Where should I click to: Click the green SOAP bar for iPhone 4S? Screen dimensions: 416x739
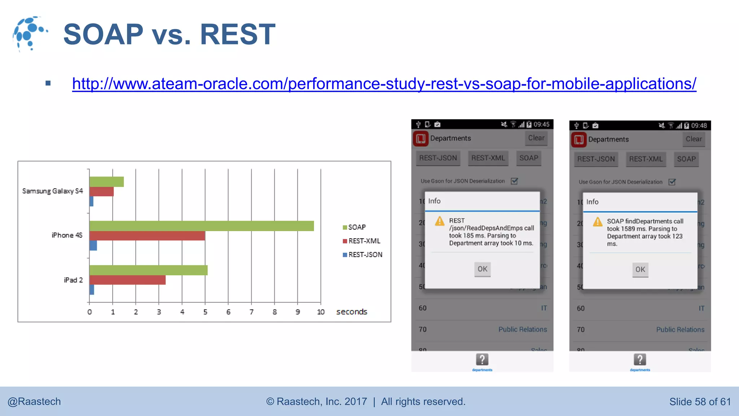point(201,226)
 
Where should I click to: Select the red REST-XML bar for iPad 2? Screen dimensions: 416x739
point(127,280)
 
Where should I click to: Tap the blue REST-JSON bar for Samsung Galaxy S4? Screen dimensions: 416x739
point(91,201)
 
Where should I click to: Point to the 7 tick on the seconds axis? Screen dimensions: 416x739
point(252,312)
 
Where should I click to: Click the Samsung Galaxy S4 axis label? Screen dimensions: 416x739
point(52,191)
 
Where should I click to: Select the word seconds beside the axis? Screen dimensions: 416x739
point(351,312)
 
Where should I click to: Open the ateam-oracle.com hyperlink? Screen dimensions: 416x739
point(384,84)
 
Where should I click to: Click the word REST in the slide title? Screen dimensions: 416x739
point(237,34)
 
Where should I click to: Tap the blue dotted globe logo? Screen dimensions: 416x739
point(29,33)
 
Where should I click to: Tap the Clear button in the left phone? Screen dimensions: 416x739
point(536,138)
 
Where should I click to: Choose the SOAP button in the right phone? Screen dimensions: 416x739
point(686,159)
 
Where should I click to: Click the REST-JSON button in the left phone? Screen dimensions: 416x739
point(438,158)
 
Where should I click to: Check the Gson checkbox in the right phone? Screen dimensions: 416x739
point(672,182)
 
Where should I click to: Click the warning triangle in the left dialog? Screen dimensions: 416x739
point(440,221)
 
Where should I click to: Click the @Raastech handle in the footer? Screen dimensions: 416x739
point(34,402)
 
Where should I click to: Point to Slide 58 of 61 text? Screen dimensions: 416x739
point(700,402)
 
